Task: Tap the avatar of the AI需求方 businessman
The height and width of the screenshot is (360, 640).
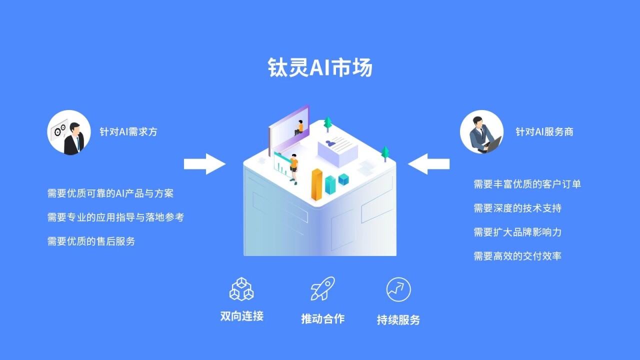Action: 69,132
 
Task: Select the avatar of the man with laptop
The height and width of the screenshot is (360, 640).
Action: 481,132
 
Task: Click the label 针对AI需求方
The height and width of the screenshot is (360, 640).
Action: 128,132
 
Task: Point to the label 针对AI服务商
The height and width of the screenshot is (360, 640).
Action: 544,132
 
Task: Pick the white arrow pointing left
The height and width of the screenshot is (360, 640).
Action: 428,164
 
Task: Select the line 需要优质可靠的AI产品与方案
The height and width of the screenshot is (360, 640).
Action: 110,193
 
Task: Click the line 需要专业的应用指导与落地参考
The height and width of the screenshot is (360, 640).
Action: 115,217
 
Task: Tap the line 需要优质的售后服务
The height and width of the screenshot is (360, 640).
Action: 91,241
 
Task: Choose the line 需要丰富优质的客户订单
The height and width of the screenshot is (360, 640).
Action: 527,184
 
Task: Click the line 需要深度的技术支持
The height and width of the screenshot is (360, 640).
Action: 517,208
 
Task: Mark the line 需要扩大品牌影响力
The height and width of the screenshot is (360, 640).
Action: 517,232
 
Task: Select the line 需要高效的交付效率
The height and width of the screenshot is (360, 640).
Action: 517,256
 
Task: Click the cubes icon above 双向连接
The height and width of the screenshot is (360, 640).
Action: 241,289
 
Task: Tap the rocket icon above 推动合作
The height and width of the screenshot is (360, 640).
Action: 322,289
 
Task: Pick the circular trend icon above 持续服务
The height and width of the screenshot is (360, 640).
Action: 398,289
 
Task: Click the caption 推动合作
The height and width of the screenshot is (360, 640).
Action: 322,318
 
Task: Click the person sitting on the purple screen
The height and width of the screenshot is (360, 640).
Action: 299,127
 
